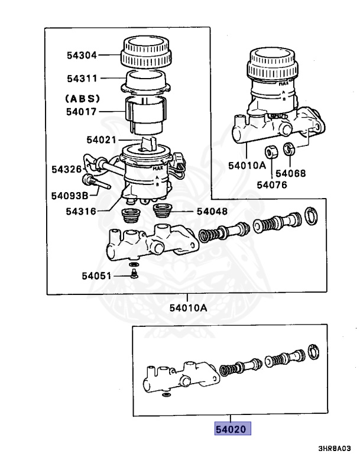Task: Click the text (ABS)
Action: [82, 98]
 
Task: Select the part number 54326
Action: [66, 169]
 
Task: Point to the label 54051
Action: [97, 275]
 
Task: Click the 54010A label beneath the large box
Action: [187, 307]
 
